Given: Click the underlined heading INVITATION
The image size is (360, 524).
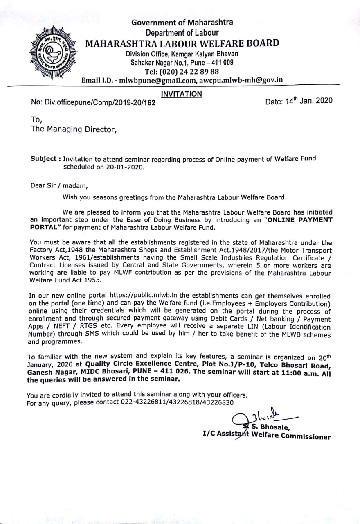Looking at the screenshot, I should tap(182, 94).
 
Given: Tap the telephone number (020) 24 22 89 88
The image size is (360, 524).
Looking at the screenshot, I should tap(182, 71).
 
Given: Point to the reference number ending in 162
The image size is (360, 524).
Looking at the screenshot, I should tap(93, 103).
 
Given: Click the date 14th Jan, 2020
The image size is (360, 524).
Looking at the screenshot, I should tap(299, 101).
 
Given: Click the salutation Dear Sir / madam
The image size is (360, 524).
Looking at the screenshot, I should tap(59, 185).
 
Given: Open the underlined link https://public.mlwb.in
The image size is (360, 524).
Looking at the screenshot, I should tap(144, 295).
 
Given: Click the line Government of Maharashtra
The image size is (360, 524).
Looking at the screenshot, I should tap(182, 23).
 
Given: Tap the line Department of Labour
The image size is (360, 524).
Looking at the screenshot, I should tap(182, 32).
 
